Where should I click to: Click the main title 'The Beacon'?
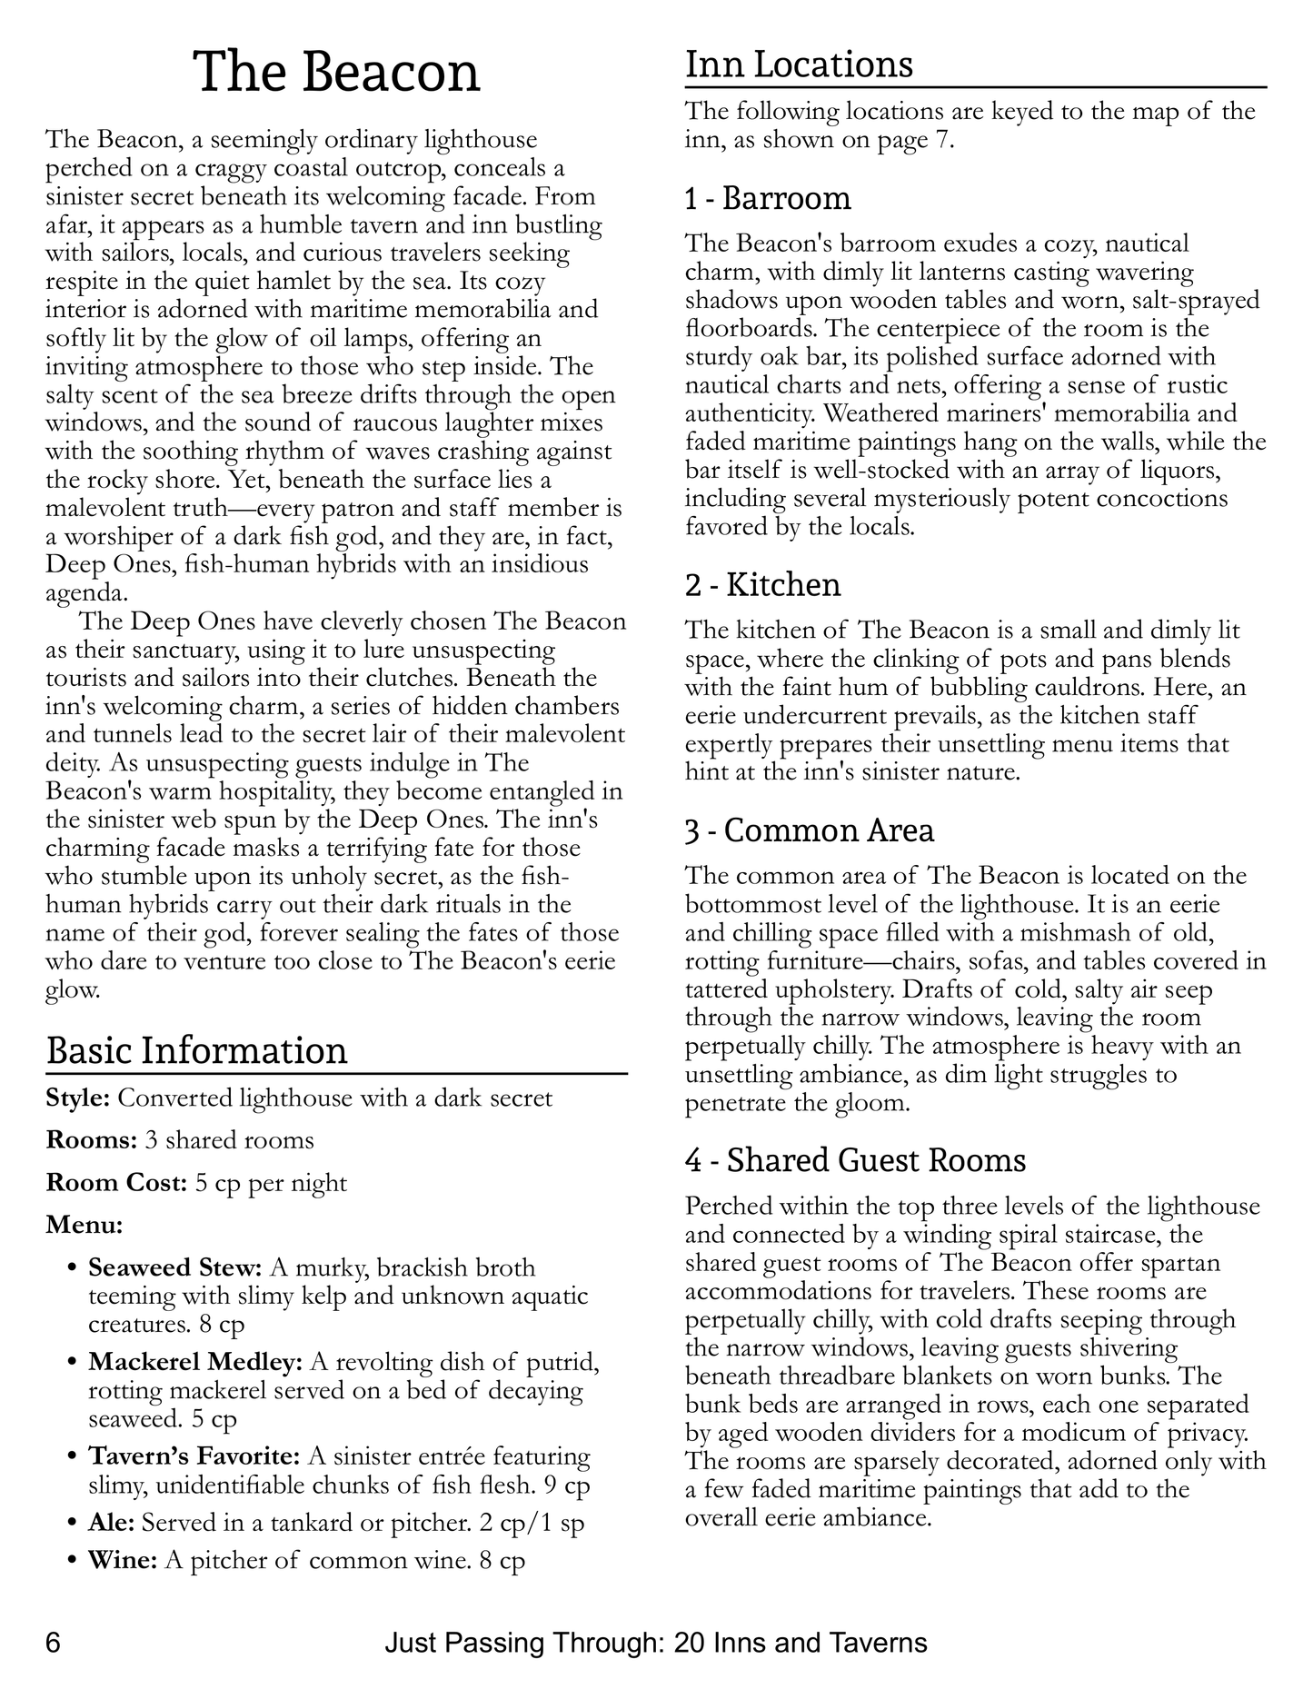tap(337, 73)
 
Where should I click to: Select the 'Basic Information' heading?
tap(196, 1050)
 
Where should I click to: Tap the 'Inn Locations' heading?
tap(799, 65)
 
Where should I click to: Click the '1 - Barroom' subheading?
tap(768, 198)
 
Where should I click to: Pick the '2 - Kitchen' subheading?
tap(762, 584)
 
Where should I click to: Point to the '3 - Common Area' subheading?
tap(810, 830)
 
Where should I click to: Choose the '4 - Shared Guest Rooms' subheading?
tap(855, 1160)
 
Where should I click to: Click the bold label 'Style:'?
tap(78, 1098)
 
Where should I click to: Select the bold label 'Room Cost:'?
tap(116, 1183)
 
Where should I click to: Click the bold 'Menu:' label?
tap(85, 1225)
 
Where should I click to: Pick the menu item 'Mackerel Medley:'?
tap(195, 1362)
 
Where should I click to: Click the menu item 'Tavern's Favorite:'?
tap(194, 1456)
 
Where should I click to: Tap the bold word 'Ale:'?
tap(111, 1522)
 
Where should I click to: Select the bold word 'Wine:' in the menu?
tap(123, 1561)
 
